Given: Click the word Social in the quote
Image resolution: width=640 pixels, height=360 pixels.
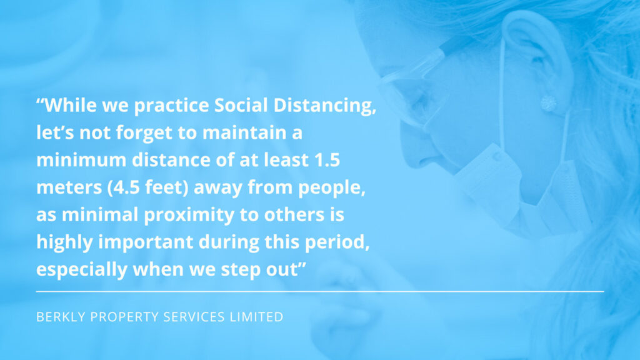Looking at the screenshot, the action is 241,105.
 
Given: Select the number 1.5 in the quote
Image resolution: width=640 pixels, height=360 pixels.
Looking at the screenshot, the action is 327,160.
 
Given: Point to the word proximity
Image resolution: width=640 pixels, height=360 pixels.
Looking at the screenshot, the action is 189,216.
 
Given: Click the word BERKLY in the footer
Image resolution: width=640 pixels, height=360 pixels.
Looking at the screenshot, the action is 61,317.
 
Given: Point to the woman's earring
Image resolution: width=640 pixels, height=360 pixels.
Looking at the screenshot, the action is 548,103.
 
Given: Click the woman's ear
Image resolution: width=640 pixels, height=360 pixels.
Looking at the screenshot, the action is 535,61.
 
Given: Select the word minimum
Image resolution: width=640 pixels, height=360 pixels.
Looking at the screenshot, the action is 81,160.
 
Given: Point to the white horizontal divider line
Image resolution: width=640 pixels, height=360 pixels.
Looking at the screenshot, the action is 319,291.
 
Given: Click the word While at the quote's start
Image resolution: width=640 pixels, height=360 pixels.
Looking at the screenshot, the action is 70,105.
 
